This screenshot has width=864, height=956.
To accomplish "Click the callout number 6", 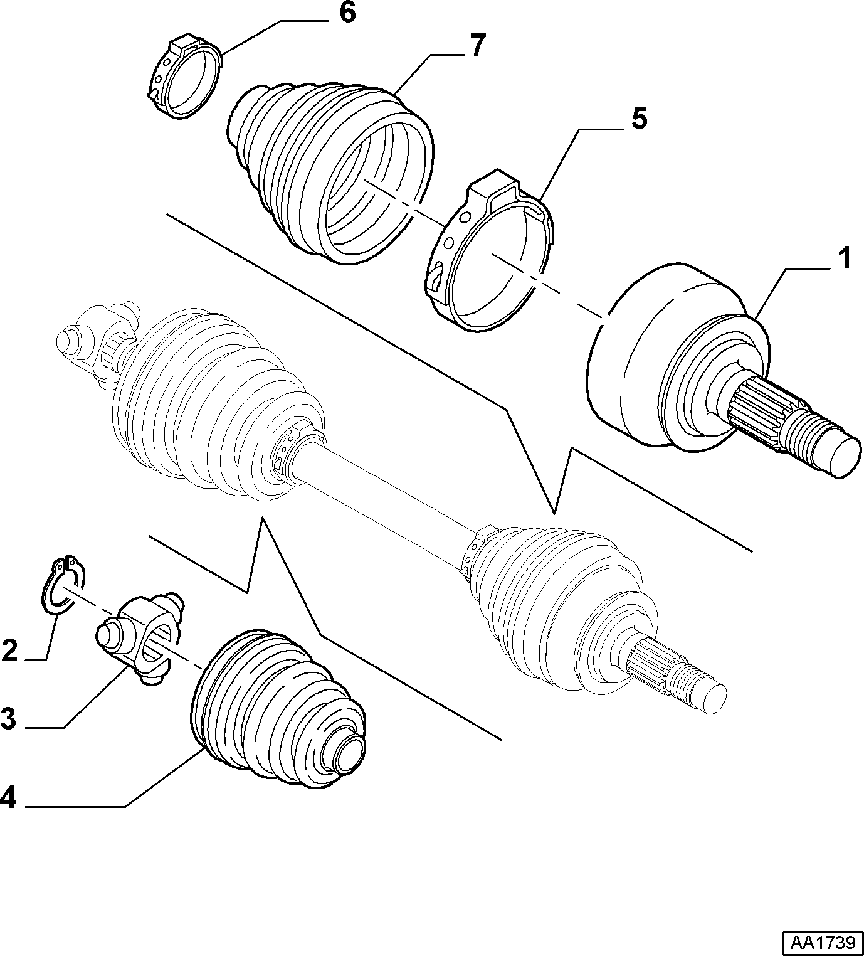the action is (x=347, y=14).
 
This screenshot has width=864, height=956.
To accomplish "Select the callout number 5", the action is (x=638, y=119).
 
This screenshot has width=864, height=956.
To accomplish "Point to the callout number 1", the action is (x=843, y=259).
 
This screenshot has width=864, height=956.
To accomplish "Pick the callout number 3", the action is (x=9, y=719).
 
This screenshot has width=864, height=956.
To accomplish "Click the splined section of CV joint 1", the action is (x=758, y=406).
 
